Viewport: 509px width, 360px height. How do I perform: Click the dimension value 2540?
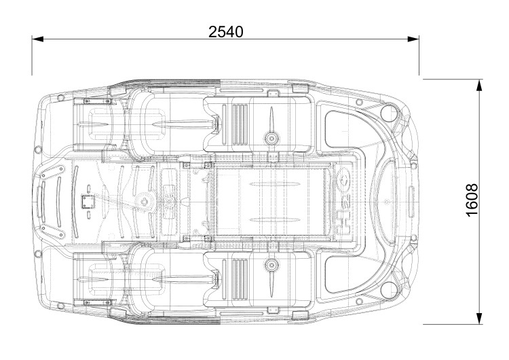[x=225, y=32]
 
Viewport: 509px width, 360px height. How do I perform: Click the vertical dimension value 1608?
[x=472, y=200]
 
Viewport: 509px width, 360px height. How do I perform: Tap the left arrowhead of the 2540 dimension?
[x=37, y=39]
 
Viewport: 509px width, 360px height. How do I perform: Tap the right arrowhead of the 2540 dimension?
[x=413, y=39]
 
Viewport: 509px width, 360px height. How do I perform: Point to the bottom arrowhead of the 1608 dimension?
[x=479, y=319]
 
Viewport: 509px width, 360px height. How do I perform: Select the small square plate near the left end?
[x=88, y=202]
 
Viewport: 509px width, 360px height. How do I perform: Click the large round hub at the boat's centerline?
[x=145, y=202]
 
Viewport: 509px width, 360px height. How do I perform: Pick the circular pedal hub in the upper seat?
[x=271, y=138]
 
